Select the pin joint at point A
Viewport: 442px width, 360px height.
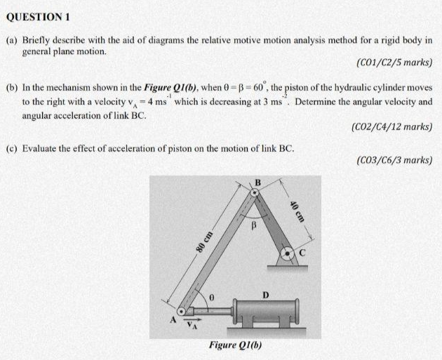pos(184,310)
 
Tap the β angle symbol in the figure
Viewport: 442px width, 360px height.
pos(255,227)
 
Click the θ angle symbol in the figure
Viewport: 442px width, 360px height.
pos(208,299)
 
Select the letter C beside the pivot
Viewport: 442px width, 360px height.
pos(304,249)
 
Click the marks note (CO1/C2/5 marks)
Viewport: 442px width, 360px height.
pos(394,63)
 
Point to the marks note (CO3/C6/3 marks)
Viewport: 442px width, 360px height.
pos(394,160)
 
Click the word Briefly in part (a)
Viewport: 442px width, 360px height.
pos(39,41)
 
